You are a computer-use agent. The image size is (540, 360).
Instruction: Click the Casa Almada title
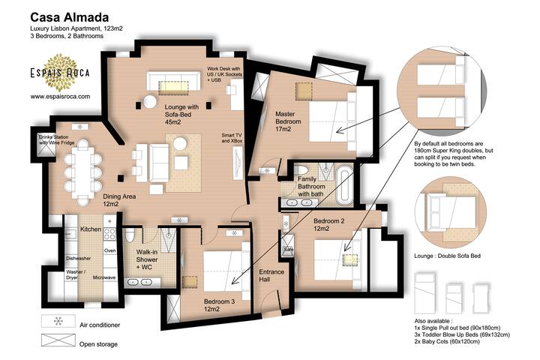tap(68, 16)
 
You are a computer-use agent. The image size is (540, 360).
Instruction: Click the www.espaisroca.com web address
tap(60, 96)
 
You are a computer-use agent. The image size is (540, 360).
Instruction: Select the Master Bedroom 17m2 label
tap(288, 121)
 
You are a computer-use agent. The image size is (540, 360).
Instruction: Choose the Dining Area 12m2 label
tap(119, 199)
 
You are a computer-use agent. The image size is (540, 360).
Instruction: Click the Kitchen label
tap(91, 229)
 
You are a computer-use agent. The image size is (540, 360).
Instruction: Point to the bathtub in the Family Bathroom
tap(344, 188)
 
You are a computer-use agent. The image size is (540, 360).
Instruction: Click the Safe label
tap(289, 250)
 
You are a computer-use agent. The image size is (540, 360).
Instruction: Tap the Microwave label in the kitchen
tap(104, 277)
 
